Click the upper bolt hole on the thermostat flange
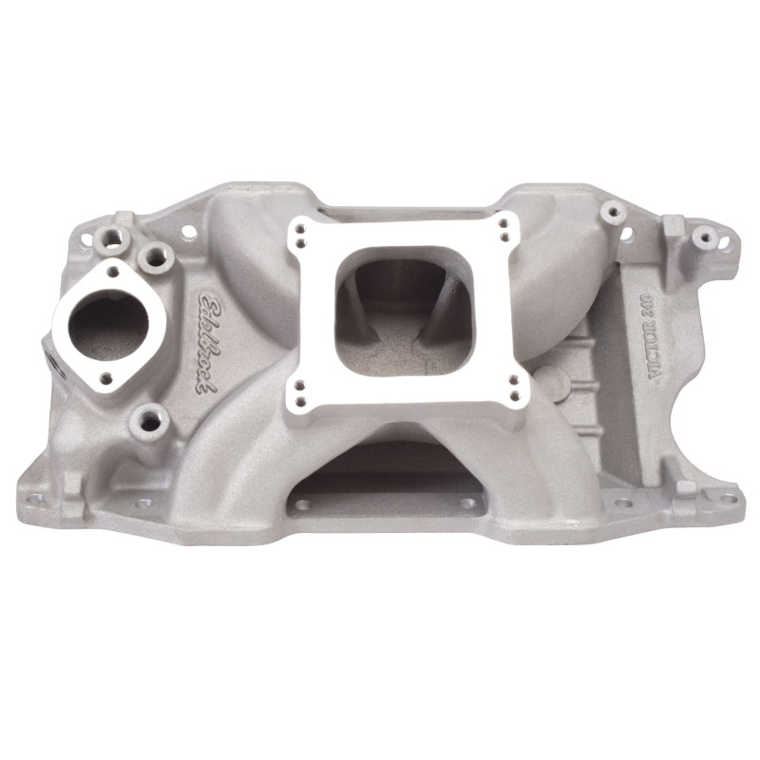(113, 272)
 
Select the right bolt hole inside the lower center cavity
(467, 504)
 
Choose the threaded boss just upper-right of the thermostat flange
(153, 255)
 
